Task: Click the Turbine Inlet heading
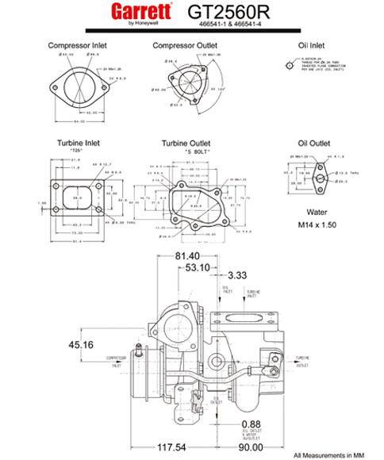point(77,143)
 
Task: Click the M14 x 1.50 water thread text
point(313,224)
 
